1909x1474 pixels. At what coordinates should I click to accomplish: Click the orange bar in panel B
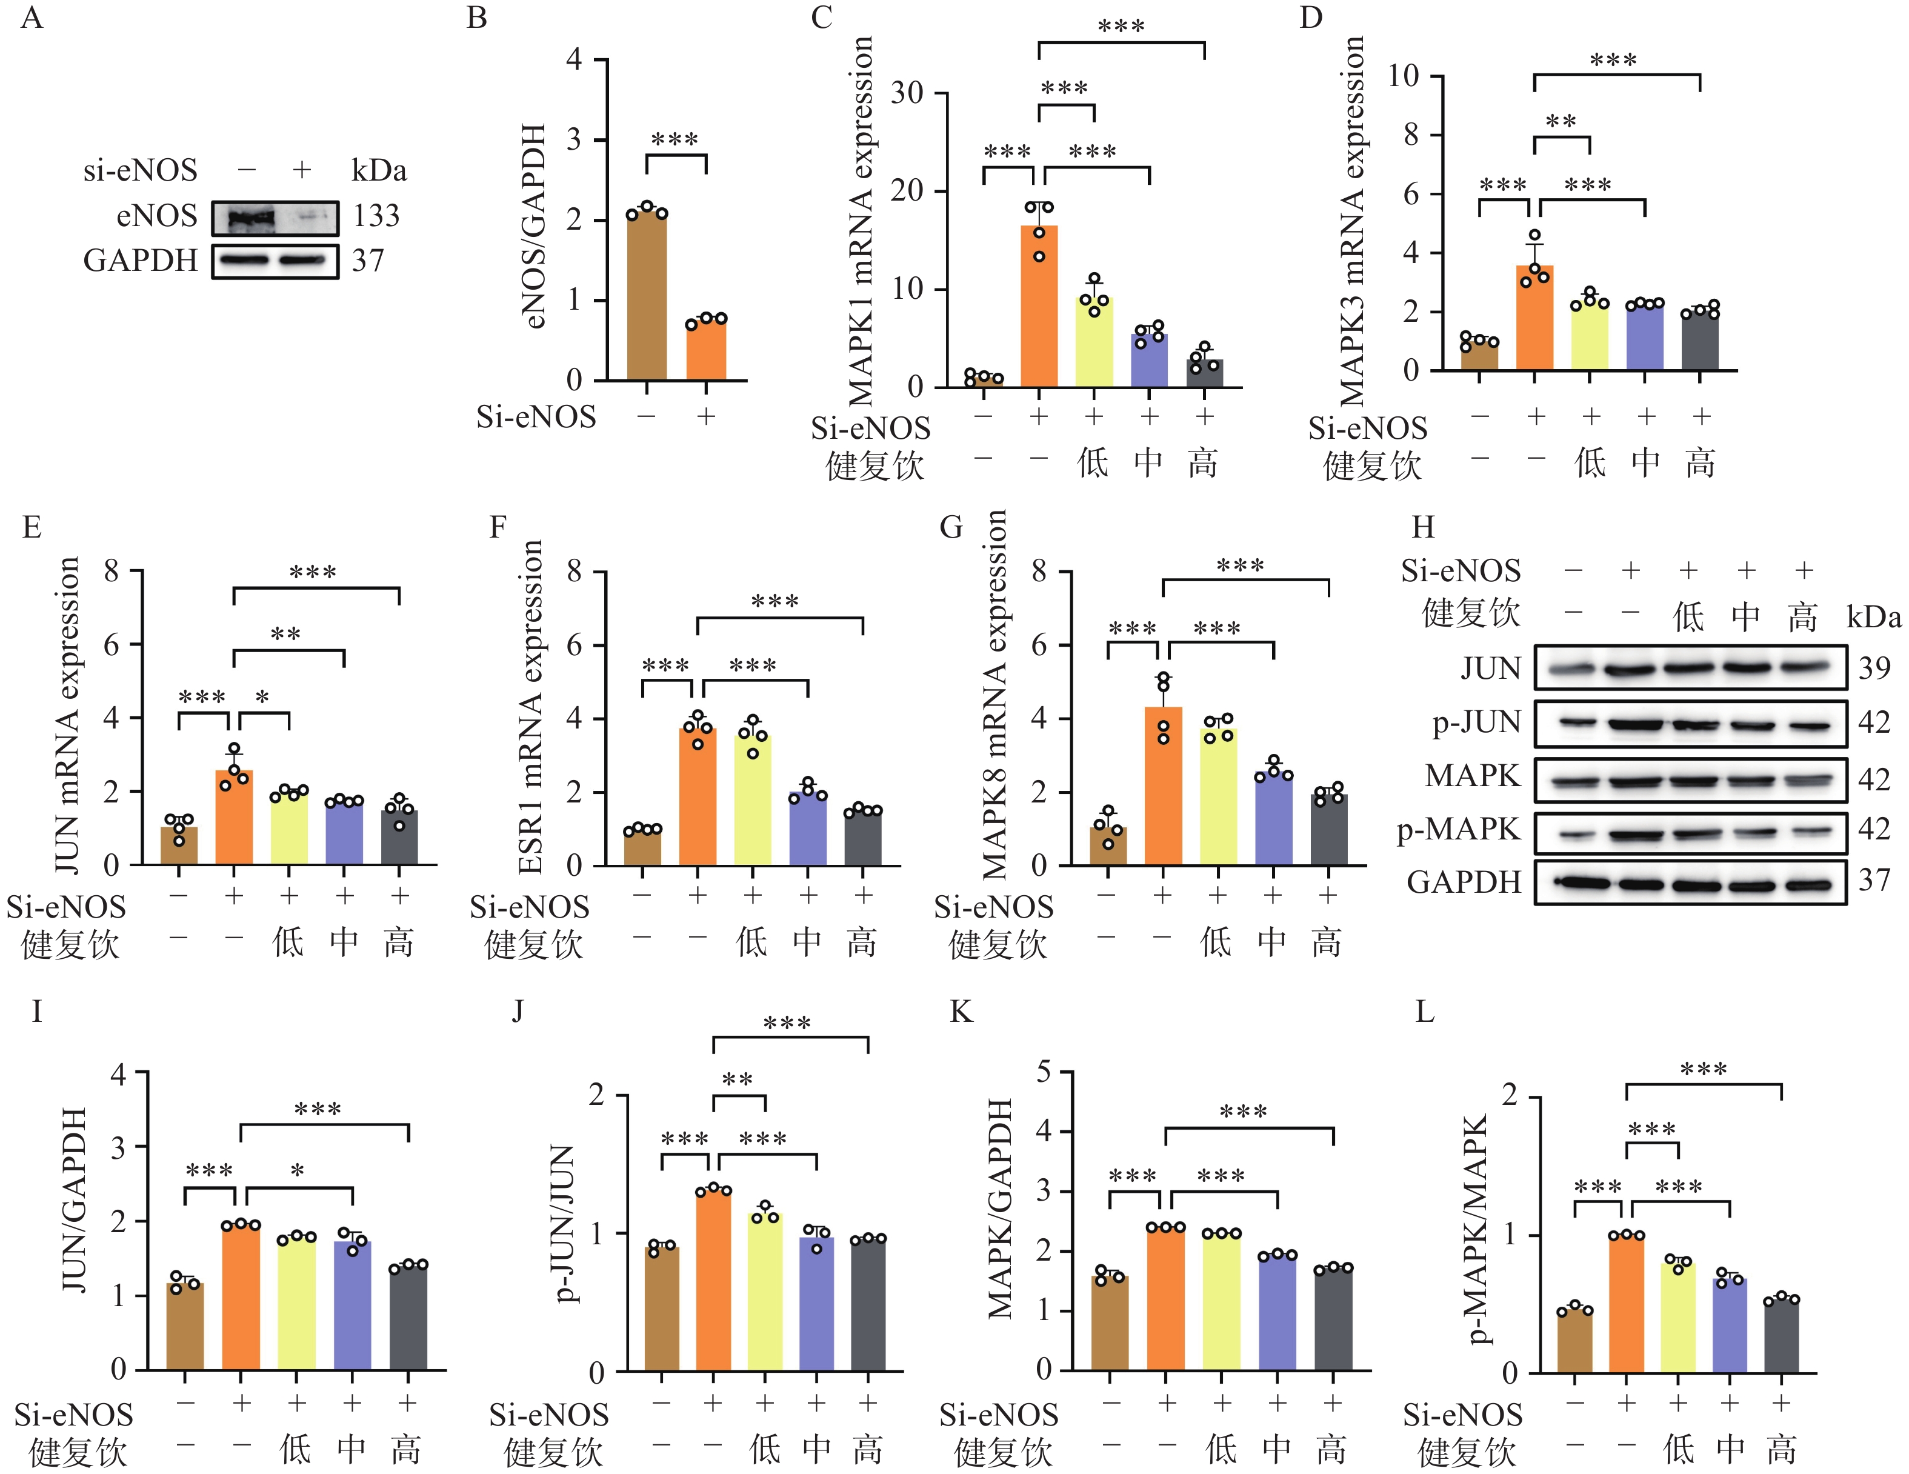pyautogui.click(x=705, y=350)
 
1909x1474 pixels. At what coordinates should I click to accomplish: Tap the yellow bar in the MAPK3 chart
pyautogui.click(x=1590, y=336)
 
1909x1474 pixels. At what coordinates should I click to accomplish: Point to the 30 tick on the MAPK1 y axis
pyautogui.click(x=907, y=93)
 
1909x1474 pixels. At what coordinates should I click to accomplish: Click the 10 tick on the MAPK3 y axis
pyautogui.click(x=1403, y=76)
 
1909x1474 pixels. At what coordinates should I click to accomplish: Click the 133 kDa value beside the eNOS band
pyautogui.click(x=376, y=215)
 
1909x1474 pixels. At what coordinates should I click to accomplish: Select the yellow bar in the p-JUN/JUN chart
pyautogui.click(x=765, y=1292)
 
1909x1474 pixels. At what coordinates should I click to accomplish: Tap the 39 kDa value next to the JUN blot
pyautogui.click(x=1874, y=668)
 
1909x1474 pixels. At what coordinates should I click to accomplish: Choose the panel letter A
pyautogui.click(x=32, y=18)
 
